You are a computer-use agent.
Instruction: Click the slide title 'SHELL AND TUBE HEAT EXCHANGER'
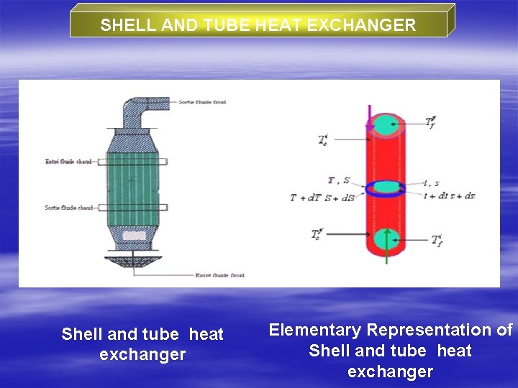258,25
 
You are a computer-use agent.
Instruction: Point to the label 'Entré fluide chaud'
68,162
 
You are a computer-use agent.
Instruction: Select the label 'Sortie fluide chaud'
68,208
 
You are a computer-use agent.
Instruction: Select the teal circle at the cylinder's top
387,123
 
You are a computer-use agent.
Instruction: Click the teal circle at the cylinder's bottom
387,238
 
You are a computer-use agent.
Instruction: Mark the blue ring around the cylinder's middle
386,188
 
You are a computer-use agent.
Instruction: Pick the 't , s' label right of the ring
431,183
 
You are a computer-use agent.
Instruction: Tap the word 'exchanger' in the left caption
142,354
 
